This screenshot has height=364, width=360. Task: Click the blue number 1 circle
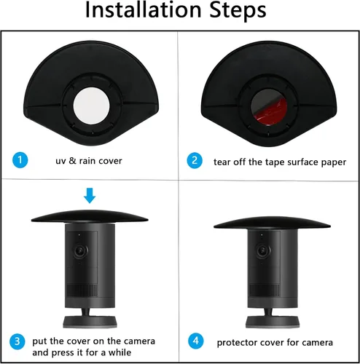[x=20, y=160]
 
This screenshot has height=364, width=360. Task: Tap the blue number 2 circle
[x=195, y=160]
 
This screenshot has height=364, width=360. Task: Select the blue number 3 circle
[x=17, y=341]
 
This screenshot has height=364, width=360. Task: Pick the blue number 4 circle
[x=196, y=341]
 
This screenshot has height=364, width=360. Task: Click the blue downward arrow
[x=90, y=195]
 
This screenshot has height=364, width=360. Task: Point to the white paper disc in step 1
[x=91, y=106]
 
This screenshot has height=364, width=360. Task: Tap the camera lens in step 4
[x=263, y=251]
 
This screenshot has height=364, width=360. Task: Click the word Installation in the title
[x=144, y=10]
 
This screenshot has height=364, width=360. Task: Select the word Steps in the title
[x=238, y=11]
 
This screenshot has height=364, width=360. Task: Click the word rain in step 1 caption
[x=87, y=161]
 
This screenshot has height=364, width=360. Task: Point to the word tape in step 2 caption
[x=275, y=162]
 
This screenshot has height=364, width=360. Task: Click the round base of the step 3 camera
[x=90, y=322]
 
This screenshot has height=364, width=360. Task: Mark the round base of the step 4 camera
[x=272, y=323]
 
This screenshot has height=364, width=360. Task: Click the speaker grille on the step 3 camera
[x=82, y=290]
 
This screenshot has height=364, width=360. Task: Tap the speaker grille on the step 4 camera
[x=265, y=290]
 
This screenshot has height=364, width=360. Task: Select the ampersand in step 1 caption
[x=72, y=161]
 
